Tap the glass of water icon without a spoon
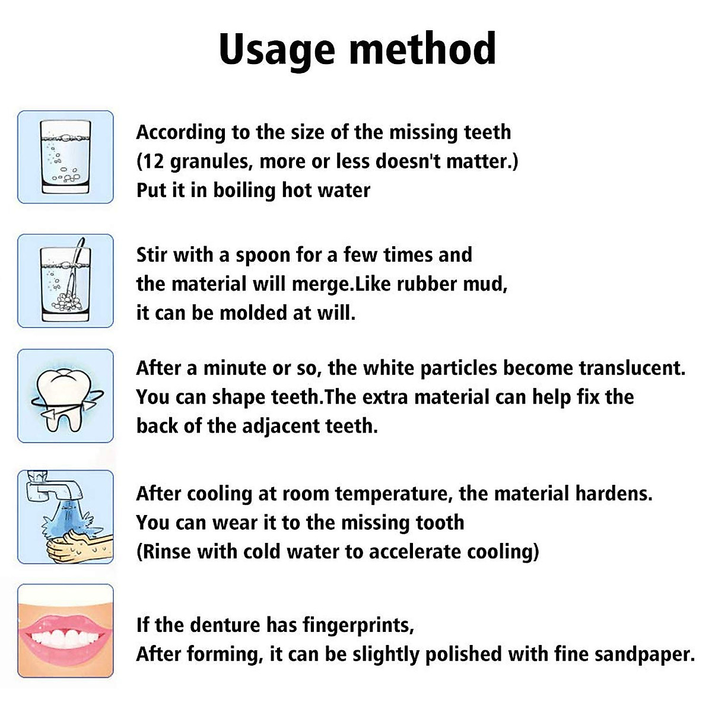coord(65,157)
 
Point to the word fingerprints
coord(358,625)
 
